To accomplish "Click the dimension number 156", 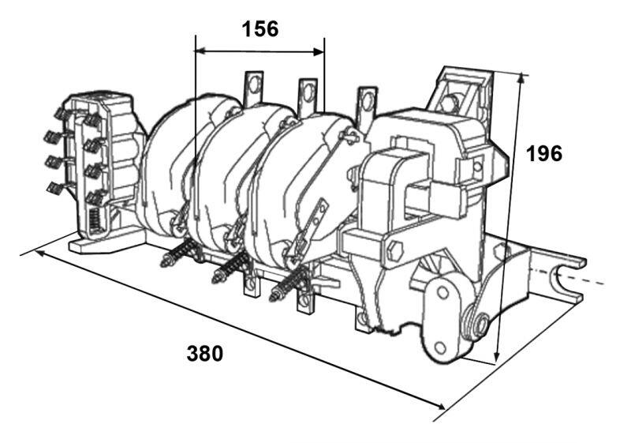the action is point(260,29).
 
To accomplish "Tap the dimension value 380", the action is point(204,354).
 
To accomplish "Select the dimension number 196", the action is point(544,153).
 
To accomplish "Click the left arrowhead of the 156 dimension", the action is point(200,51).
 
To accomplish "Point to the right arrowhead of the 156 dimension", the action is point(319,51).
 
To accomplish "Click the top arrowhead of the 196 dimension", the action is point(521,78).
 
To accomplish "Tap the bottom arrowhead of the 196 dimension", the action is point(497,357).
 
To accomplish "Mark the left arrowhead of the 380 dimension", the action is point(40,253).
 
